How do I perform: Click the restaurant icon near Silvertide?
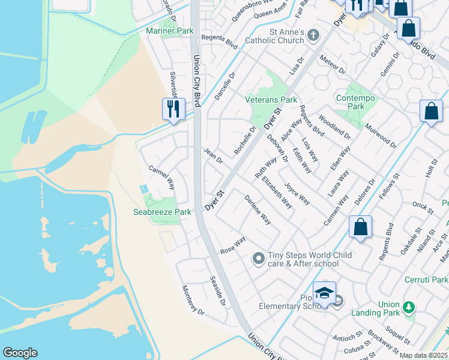pyautogui.click(x=173, y=109)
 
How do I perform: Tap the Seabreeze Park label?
pyautogui.click(x=162, y=212)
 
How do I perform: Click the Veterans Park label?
pyautogui.click(x=271, y=100)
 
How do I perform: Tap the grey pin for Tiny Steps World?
pyautogui.click(x=259, y=259)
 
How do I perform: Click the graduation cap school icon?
pyautogui.click(x=324, y=293)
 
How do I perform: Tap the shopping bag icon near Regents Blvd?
pyautogui.click(x=360, y=227)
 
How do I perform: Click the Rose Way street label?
pyautogui.click(x=233, y=245)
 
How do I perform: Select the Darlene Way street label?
pyautogui.click(x=258, y=210)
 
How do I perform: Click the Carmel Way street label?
pyautogui.click(x=161, y=178)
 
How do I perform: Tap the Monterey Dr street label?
pyautogui.click(x=193, y=301)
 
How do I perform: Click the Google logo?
pyautogui.click(x=20, y=353)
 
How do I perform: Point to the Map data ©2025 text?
pyautogui.click(x=423, y=355)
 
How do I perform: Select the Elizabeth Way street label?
pyautogui.click(x=277, y=192)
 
